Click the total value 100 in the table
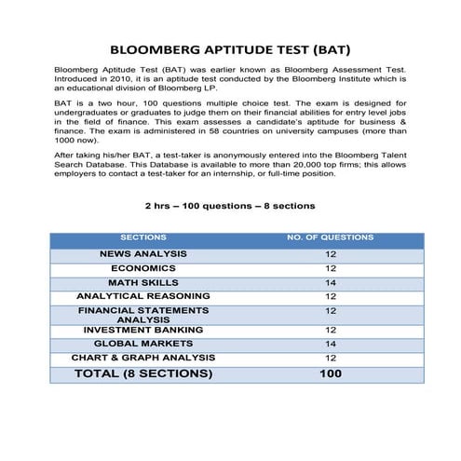330,373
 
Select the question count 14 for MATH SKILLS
330,282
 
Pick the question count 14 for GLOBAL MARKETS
330,344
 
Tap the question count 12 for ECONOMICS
330,268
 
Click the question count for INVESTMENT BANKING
330,330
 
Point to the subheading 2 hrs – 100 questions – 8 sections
229,205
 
